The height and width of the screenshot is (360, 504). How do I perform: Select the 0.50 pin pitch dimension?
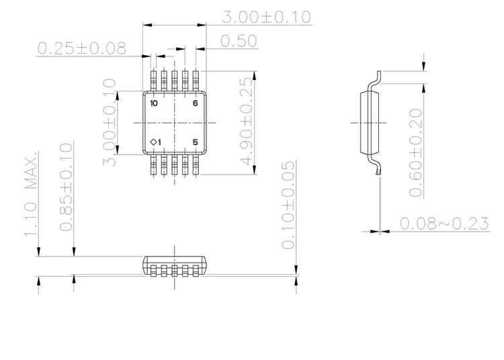pos(239,42)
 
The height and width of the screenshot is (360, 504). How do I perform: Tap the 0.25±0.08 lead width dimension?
pos(82,48)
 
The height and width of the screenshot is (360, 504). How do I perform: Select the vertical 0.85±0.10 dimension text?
pos(66,187)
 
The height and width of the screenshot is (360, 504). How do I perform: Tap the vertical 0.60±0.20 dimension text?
pos(416,152)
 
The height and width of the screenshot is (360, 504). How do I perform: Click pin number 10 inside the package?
pos(155,103)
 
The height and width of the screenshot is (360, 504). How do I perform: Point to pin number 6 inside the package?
pos(196,103)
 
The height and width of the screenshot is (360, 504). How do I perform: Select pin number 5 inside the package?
pos(196,142)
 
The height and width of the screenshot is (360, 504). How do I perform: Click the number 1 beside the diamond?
pos(160,142)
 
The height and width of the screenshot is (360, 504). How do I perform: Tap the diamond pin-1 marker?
pos(153,142)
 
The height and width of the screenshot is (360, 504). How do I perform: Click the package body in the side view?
pos(367,122)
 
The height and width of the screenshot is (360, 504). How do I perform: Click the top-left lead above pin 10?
pos(154,80)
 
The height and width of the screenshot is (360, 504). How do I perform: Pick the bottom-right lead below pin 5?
pos(196,165)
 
